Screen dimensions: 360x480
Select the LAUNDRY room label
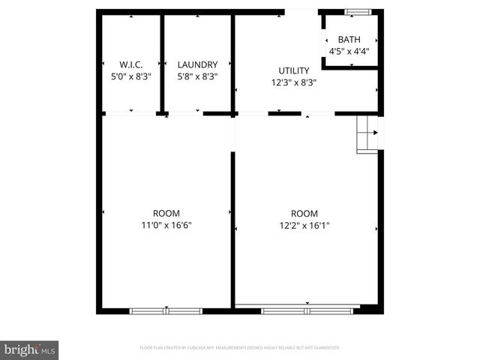coord(197,64)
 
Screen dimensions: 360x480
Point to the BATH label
coord(349,40)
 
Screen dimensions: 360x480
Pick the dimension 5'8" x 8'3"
coord(197,76)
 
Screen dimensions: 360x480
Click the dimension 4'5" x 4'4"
coord(349,52)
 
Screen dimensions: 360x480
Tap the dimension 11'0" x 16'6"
coord(166,225)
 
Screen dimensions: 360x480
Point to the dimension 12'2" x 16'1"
coord(304,225)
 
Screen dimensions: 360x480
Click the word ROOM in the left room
coord(166,213)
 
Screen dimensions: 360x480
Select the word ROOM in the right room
coord(304,213)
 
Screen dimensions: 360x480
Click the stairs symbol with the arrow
coord(369,133)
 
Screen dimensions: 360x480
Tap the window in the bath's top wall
coord(358,12)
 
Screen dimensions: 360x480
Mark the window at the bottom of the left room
coord(166,310)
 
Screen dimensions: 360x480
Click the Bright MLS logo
coord(29,349)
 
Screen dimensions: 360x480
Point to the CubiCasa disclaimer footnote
coord(240,348)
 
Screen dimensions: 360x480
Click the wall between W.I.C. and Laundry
coord(161,64)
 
